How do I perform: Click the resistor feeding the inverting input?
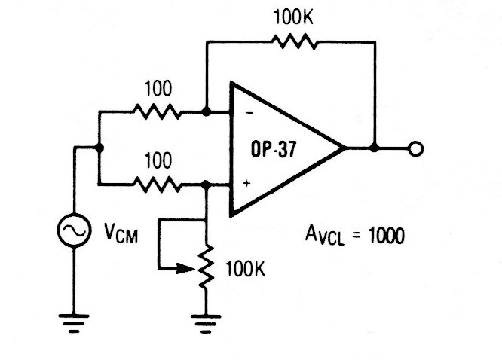click(x=156, y=113)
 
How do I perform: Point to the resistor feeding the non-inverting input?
click(x=156, y=183)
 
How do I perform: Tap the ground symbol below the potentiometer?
click(x=206, y=323)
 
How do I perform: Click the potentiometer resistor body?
click(x=206, y=267)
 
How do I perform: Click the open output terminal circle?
click(x=414, y=148)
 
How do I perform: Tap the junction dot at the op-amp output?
click(x=375, y=148)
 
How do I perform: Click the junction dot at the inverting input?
click(x=206, y=113)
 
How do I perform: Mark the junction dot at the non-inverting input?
click(x=206, y=183)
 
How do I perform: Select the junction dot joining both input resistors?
click(x=99, y=148)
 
